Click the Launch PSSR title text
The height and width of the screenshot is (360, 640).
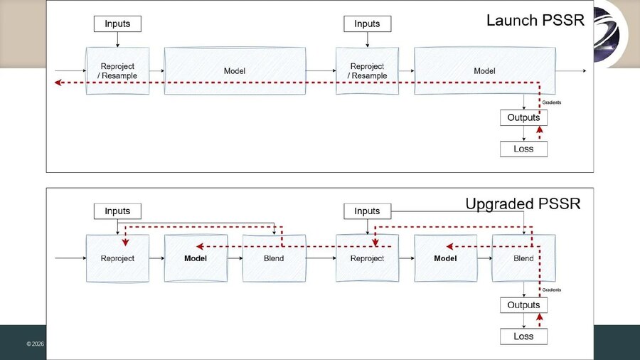click(535, 21)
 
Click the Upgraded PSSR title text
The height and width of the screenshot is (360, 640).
click(523, 203)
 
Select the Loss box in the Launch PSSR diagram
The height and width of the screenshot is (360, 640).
click(523, 149)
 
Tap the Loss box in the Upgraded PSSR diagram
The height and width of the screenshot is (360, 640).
click(523, 337)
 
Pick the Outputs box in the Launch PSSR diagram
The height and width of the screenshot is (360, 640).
click(523, 117)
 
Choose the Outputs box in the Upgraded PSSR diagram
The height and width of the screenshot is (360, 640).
click(523, 305)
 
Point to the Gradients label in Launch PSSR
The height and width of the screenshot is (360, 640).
click(551, 102)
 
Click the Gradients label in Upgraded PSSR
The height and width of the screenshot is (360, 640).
click(551, 290)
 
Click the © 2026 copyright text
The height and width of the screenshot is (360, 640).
click(35, 344)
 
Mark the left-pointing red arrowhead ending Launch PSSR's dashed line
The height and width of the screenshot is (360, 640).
click(58, 83)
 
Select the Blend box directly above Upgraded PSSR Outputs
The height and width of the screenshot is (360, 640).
click(523, 258)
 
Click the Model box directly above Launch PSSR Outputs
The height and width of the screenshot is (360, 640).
click(485, 70)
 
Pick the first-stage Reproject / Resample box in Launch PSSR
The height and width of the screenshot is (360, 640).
click(117, 70)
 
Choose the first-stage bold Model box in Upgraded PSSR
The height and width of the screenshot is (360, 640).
click(196, 258)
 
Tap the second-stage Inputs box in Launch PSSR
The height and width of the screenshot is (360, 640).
click(368, 23)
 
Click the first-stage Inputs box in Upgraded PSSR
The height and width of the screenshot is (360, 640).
click(117, 211)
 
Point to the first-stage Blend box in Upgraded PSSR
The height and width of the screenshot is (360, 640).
click(274, 258)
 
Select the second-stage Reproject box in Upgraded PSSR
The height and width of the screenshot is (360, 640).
click(368, 258)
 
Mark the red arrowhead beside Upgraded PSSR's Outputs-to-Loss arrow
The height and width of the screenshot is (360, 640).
click(540, 317)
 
